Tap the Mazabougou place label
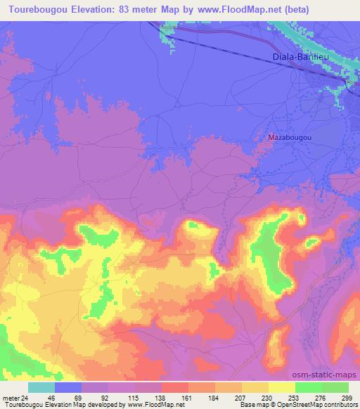pyautogui.click(x=290, y=138)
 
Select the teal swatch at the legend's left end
pyautogui.click(x=41, y=387)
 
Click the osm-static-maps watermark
pyautogui.click(x=329, y=373)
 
